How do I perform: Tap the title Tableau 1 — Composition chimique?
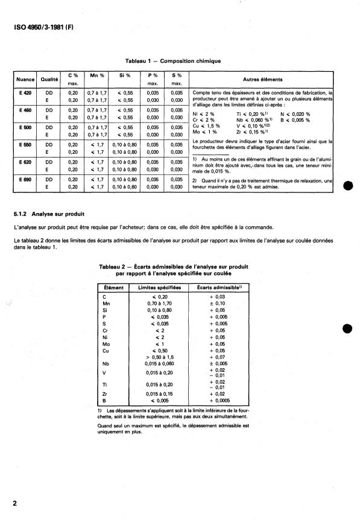pos(172,61)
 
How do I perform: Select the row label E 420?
pos(25,92)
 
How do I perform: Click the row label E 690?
pos(25,179)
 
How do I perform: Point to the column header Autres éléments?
pos(263,79)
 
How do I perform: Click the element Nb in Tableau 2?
pos(106,364)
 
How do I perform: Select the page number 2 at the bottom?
pos(14,503)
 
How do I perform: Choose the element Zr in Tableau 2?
pos(105,394)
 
